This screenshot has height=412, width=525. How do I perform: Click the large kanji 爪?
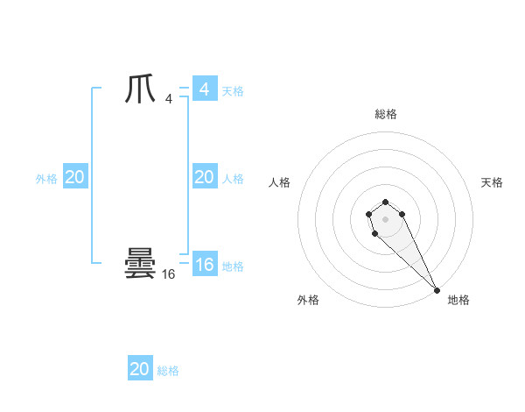tap(140, 90)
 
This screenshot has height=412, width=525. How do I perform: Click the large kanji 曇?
tap(140, 264)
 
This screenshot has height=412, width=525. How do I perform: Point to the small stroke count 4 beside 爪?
tap(169, 99)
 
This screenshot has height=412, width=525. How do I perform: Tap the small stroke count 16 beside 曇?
tap(169, 274)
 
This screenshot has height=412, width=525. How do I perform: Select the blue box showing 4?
tap(204, 89)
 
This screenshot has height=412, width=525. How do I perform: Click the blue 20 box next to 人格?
tap(204, 177)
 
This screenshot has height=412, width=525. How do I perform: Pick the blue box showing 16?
tap(204, 265)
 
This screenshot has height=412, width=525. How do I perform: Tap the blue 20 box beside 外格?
tap(74, 177)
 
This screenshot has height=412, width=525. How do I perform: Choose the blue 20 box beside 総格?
tap(140, 369)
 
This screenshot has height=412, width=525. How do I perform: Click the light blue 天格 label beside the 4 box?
tap(233, 91)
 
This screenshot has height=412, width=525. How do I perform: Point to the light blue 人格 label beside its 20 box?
tap(233, 179)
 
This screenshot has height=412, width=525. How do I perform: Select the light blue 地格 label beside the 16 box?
tap(233, 266)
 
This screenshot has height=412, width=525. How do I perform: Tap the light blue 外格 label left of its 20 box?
tap(46, 179)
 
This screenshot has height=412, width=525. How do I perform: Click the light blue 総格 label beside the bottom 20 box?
tap(168, 371)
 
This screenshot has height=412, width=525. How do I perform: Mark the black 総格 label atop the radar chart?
tap(385, 114)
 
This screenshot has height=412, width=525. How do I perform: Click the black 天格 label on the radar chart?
tap(492, 182)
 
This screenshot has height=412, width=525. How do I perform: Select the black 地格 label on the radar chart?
tap(458, 300)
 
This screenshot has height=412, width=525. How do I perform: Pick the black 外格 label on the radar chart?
tap(308, 300)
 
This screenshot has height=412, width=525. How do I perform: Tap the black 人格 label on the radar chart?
tap(280, 182)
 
